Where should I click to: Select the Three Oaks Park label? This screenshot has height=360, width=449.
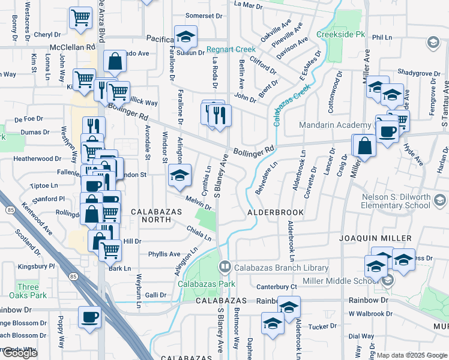[32, 291]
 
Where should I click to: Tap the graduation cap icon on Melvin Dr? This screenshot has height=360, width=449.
[179, 175]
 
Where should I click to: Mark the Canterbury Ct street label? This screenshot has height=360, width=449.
[277, 287]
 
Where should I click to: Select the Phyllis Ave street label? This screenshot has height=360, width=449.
[164, 254]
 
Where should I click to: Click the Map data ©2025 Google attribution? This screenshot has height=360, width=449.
[411, 355]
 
